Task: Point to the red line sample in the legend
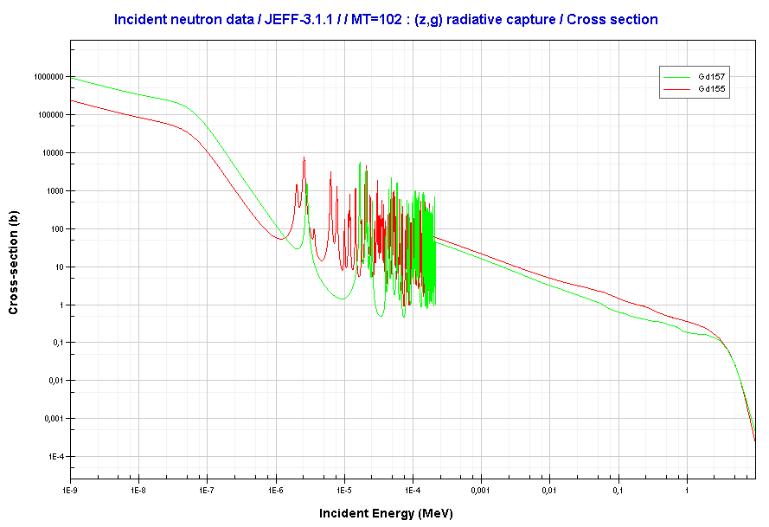(x=680, y=89)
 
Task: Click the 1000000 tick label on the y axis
(x=47, y=76)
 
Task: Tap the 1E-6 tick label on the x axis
(x=275, y=491)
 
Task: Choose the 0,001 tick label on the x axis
(x=481, y=491)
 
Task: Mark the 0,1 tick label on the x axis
(x=618, y=491)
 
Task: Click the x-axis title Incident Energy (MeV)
(x=385, y=513)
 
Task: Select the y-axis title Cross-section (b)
(x=14, y=263)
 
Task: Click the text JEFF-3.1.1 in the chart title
(x=287, y=19)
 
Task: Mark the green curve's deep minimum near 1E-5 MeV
(x=343, y=299)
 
